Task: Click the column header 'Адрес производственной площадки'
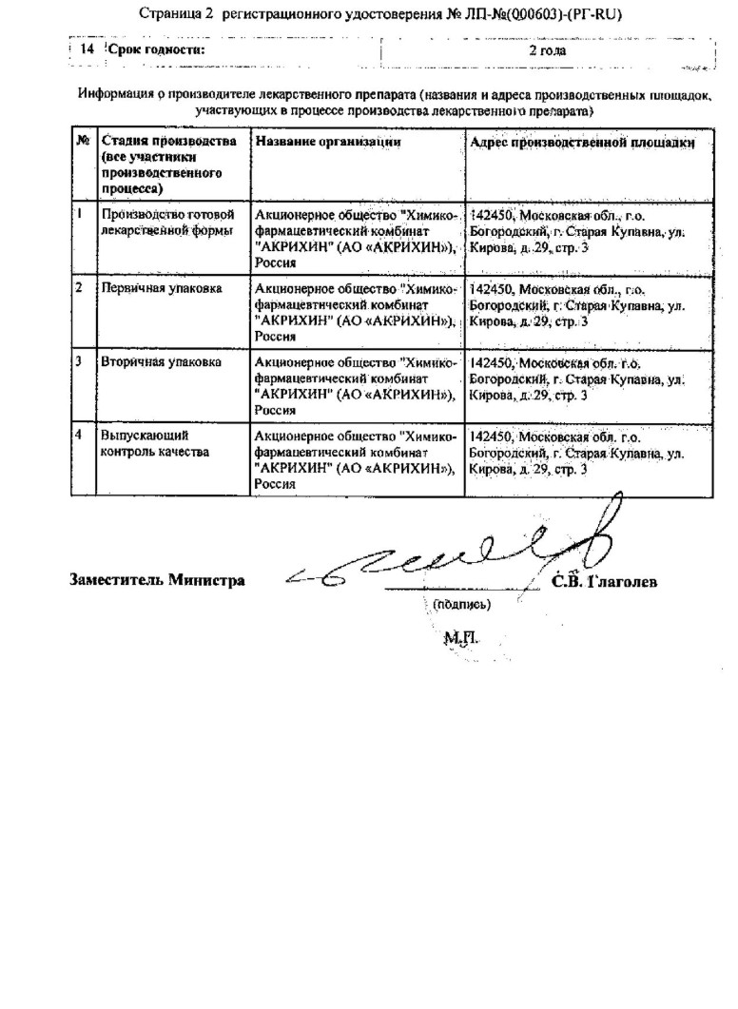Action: pyautogui.click(x=582, y=142)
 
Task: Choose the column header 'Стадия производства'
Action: pyautogui.click(x=168, y=142)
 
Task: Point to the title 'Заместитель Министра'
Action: pyautogui.click(x=155, y=580)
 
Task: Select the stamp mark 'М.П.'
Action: pyautogui.click(x=458, y=640)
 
